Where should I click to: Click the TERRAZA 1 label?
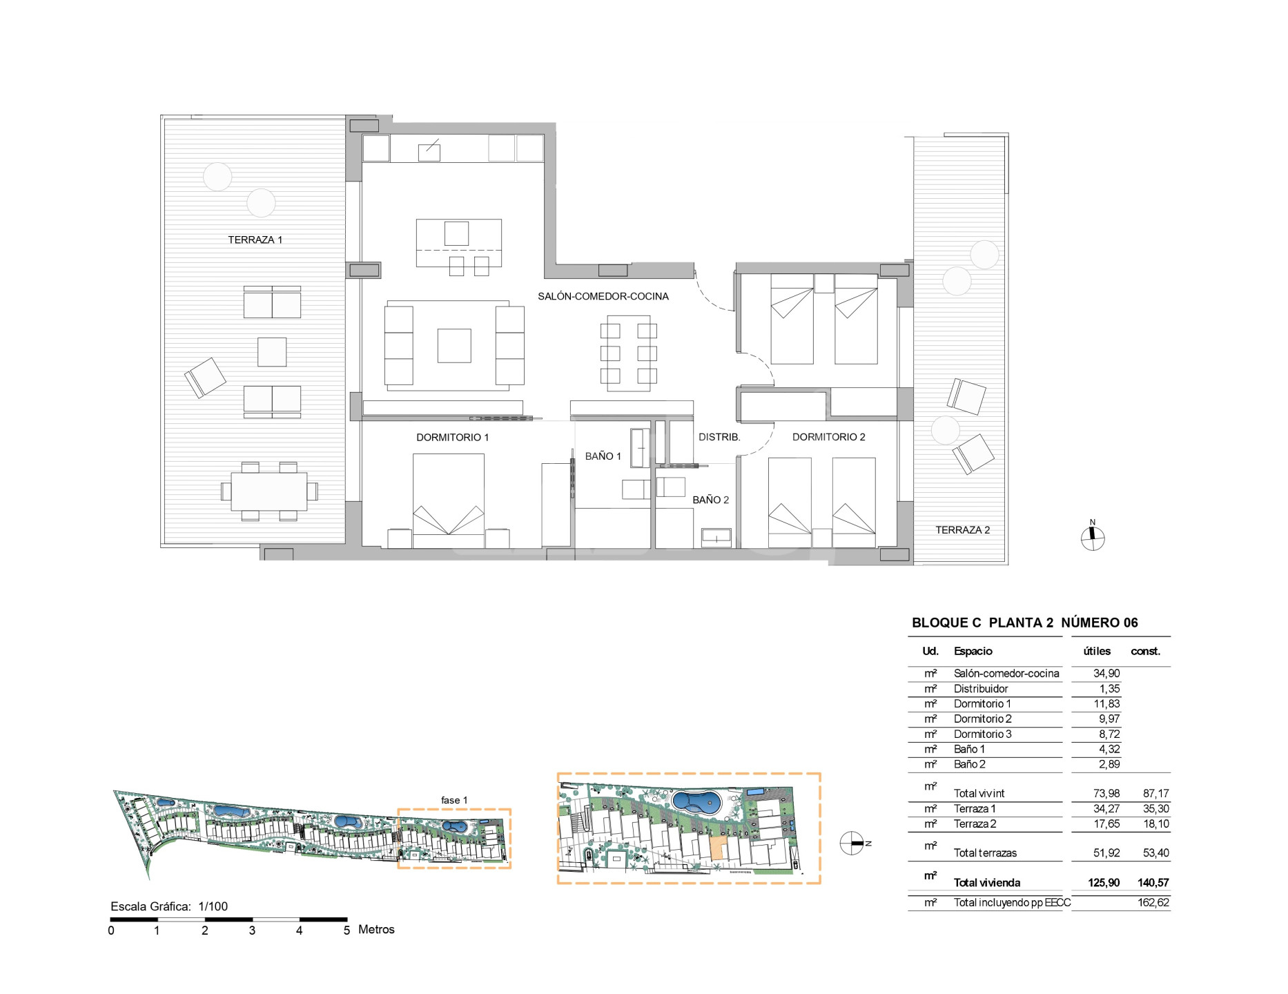point(255,240)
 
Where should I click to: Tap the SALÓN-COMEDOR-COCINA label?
point(603,297)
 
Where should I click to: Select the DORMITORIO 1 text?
point(452,438)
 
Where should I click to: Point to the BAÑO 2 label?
point(710,500)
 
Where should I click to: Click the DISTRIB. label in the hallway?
point(719,437)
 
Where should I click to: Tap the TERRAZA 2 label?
point(962,530)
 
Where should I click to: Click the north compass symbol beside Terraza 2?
point(1093,538)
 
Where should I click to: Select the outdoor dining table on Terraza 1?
point(269,491)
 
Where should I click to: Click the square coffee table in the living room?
point(454,346)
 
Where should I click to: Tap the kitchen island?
point(459,242)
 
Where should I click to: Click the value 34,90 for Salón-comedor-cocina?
point(1106,674)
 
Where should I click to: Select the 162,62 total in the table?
point(1153,903)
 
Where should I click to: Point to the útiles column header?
point(1097,651)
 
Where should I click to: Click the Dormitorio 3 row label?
point(982,734)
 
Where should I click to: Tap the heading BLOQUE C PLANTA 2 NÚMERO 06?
point(1025,623)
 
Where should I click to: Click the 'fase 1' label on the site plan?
point(454,800)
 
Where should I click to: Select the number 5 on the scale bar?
point(347,930)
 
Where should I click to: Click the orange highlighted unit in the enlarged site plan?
point(718,848)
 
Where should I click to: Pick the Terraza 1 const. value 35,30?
point(1155,809)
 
